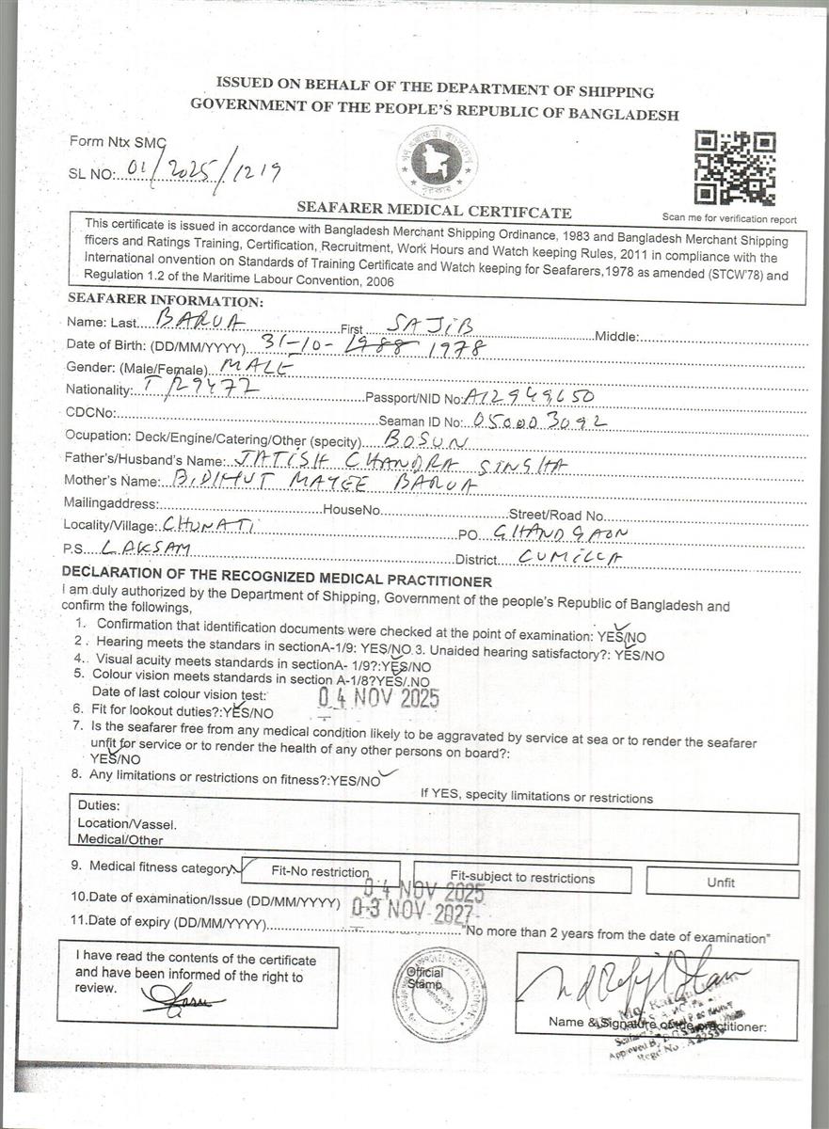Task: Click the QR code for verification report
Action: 735,168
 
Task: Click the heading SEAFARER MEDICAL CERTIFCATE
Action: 434,211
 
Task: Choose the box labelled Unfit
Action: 721,883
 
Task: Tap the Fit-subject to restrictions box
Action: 522,879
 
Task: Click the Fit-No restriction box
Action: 320,872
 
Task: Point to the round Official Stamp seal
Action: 439,992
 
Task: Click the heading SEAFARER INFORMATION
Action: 166,301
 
